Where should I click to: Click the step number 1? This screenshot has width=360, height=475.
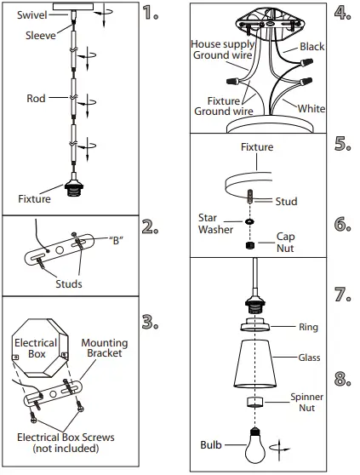click(x=151, y=13)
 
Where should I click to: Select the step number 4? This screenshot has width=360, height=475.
click(x=342, y=13)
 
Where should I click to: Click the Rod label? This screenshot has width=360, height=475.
click(x=36, y=99)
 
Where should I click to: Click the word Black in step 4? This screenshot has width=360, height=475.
click(x=311, y=48)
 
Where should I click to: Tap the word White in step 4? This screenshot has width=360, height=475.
click(x=311, y=109)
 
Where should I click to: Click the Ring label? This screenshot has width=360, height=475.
click(x=308, y=326)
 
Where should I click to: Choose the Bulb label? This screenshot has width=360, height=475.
click(x=211, y=444)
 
